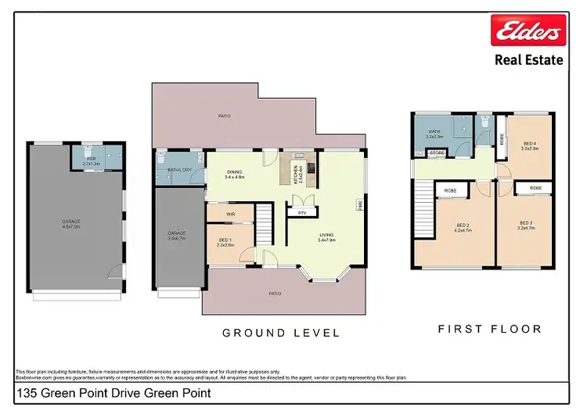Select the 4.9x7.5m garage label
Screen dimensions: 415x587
(71, 224)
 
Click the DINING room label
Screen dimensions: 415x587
(235, 175)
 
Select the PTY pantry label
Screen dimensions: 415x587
(301, 212)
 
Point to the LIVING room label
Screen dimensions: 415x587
(326, 236)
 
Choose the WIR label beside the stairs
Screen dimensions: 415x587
(230, 213)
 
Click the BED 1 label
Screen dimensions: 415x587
(226, 242)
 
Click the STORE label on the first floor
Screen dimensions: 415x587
(436, 153)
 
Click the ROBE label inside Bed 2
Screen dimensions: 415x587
(451, 190)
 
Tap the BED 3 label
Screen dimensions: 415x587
(526, 226)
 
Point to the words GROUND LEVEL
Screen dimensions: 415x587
(281, 333)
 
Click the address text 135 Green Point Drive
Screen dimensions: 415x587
(113, 394)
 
